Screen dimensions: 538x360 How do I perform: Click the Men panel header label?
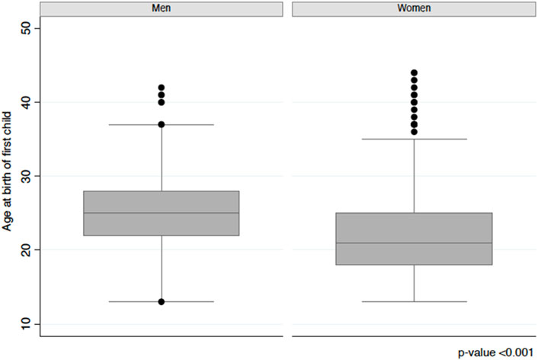(162, 8)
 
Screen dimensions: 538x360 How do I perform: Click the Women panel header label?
(414, 8)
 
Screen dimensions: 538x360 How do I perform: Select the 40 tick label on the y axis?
(26, 102)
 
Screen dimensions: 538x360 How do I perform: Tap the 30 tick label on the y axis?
(26, 176)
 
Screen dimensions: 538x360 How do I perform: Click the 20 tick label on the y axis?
(26, 249)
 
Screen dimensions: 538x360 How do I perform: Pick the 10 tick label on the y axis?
(26, 323)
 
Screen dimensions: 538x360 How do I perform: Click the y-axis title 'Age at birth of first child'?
(7, 172)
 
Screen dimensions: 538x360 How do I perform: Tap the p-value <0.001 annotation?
(495, 353)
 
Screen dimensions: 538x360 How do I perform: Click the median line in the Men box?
(162, 213)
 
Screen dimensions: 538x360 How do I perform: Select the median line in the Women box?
(414, 243)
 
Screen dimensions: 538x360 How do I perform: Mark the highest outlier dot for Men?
(162, 88)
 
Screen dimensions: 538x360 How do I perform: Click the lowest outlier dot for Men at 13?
(162, 301)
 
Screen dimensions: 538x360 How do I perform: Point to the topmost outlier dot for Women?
(414, 72)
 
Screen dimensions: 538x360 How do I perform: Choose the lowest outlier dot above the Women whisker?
(414, 132)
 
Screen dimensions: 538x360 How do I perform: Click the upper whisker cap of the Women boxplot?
(414, 139)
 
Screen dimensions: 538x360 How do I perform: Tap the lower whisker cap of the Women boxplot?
(414, 301)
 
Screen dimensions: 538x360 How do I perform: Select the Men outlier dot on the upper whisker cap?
(162, 124)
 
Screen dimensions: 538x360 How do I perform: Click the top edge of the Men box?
(162, 191)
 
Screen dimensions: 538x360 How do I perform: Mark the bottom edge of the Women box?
(414, 265)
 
